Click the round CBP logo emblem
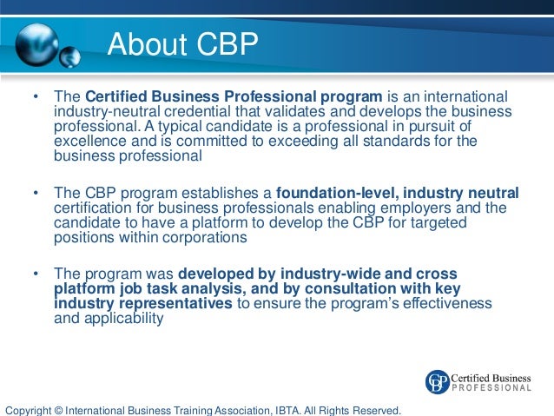click(439, 382)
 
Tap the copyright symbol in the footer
click(59, 409)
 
